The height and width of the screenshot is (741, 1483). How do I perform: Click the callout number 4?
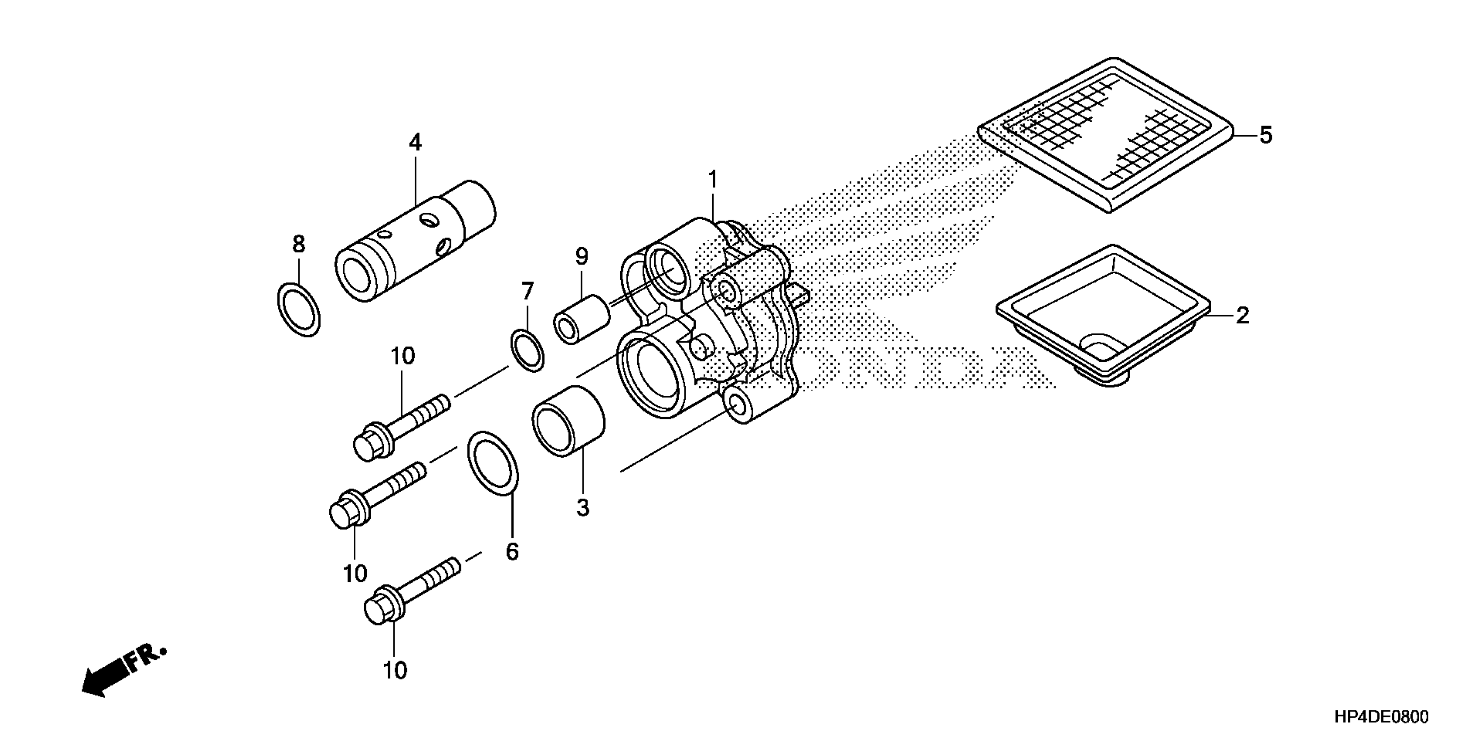(x=415, y=143)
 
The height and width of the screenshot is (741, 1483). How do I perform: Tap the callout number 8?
(x=298, y=245)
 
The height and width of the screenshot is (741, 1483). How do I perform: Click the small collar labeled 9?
(x=581, y=320)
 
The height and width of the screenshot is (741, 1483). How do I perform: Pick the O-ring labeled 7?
(x=527, y=350)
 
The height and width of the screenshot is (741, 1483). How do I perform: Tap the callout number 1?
(x=713, y=180)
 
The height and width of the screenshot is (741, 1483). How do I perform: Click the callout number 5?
(x=1265, y=136)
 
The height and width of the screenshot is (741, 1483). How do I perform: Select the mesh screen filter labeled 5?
(x=1105, y=135)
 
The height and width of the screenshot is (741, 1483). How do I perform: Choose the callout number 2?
(x=1242, y=315)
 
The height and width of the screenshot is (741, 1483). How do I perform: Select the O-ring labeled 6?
(x=493, y=462)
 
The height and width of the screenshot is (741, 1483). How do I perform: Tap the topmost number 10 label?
(x=403, y=357)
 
